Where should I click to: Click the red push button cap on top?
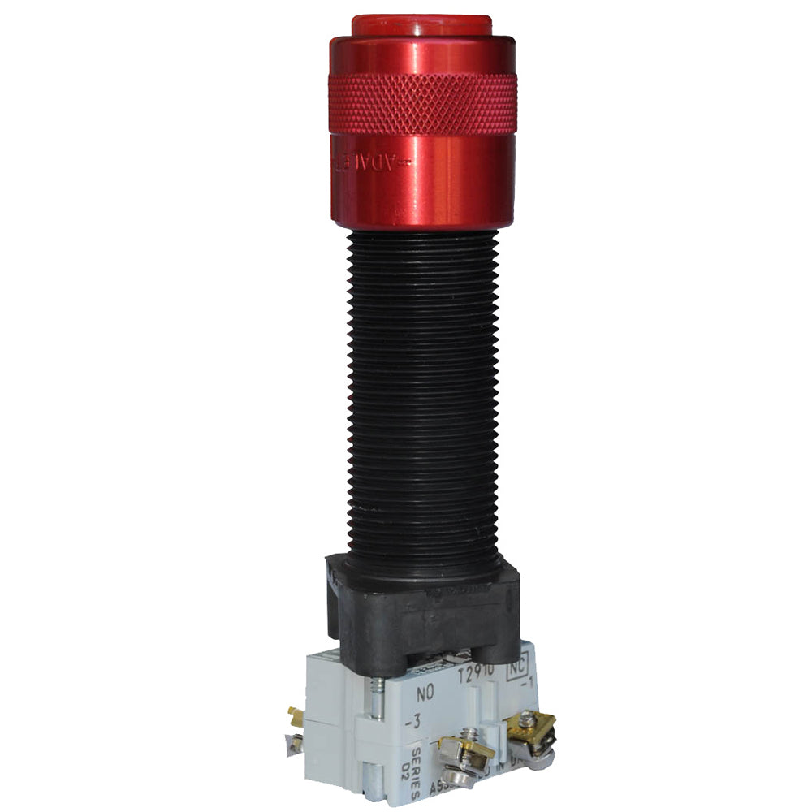[421, 25]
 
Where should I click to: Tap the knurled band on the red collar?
[422, 104]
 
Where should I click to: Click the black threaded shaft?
[422, 390]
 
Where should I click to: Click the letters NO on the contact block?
[425, 694]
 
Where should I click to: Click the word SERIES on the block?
[416, 763]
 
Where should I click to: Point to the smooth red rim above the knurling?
[422, 55]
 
